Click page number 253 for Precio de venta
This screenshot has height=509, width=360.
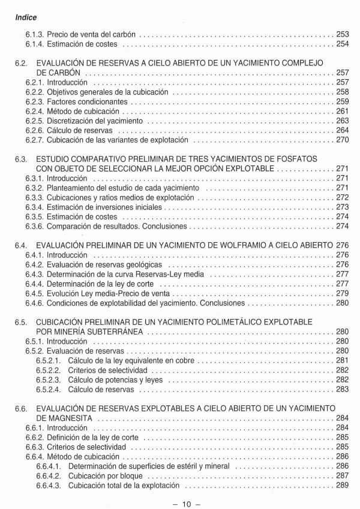(343, 34)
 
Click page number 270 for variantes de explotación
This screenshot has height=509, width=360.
(343, 140)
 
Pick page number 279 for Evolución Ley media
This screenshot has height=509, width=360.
(343, 294)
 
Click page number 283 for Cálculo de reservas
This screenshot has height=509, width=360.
(343, 390)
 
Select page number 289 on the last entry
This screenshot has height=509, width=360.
(343, 486)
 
